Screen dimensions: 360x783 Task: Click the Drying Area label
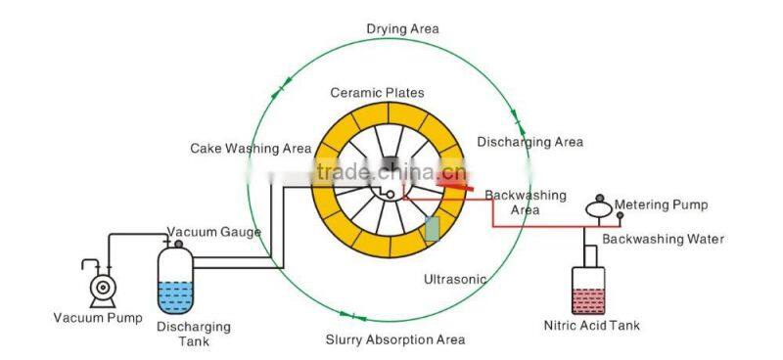tap(402, 28)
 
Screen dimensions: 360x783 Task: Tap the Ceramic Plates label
tap(377, 93)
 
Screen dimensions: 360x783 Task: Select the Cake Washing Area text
tap(251, 149)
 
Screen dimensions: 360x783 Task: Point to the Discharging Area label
tap(530, 142)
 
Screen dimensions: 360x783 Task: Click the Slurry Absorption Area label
tap(394, 339)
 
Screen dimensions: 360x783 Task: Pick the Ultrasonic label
tap(454, 279)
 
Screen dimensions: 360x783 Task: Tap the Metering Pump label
tap(661, 204)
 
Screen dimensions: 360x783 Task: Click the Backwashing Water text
tap(663, 239)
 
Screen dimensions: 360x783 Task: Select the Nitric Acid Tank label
tap(591, 325)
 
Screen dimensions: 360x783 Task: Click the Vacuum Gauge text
tap(213, 232)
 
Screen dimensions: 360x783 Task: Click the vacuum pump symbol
tap(101, 286)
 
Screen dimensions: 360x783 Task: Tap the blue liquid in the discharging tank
tap(176, 294)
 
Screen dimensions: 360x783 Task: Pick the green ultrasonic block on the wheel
tap(433, 229)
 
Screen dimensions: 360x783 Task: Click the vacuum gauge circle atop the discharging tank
tap(178, 242)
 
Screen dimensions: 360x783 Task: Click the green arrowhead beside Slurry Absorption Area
tap(349, 316)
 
